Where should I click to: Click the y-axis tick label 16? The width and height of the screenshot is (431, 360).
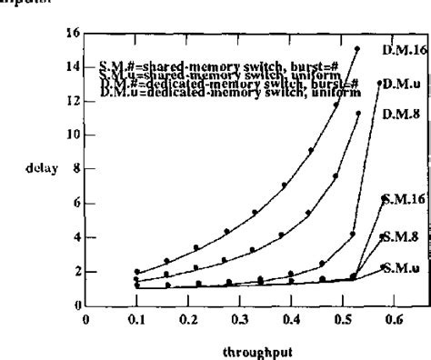pos(75,34)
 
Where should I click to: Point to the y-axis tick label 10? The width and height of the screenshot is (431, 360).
pos(75,135)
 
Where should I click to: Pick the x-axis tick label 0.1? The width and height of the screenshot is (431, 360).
pos(136,294)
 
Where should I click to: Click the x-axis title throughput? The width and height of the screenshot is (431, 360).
pos(248,346)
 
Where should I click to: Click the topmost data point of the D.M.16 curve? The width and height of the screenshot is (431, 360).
pos(357,49)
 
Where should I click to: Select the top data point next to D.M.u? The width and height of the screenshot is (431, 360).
pos(379,84)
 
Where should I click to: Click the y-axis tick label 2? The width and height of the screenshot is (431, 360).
pos(76,270)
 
